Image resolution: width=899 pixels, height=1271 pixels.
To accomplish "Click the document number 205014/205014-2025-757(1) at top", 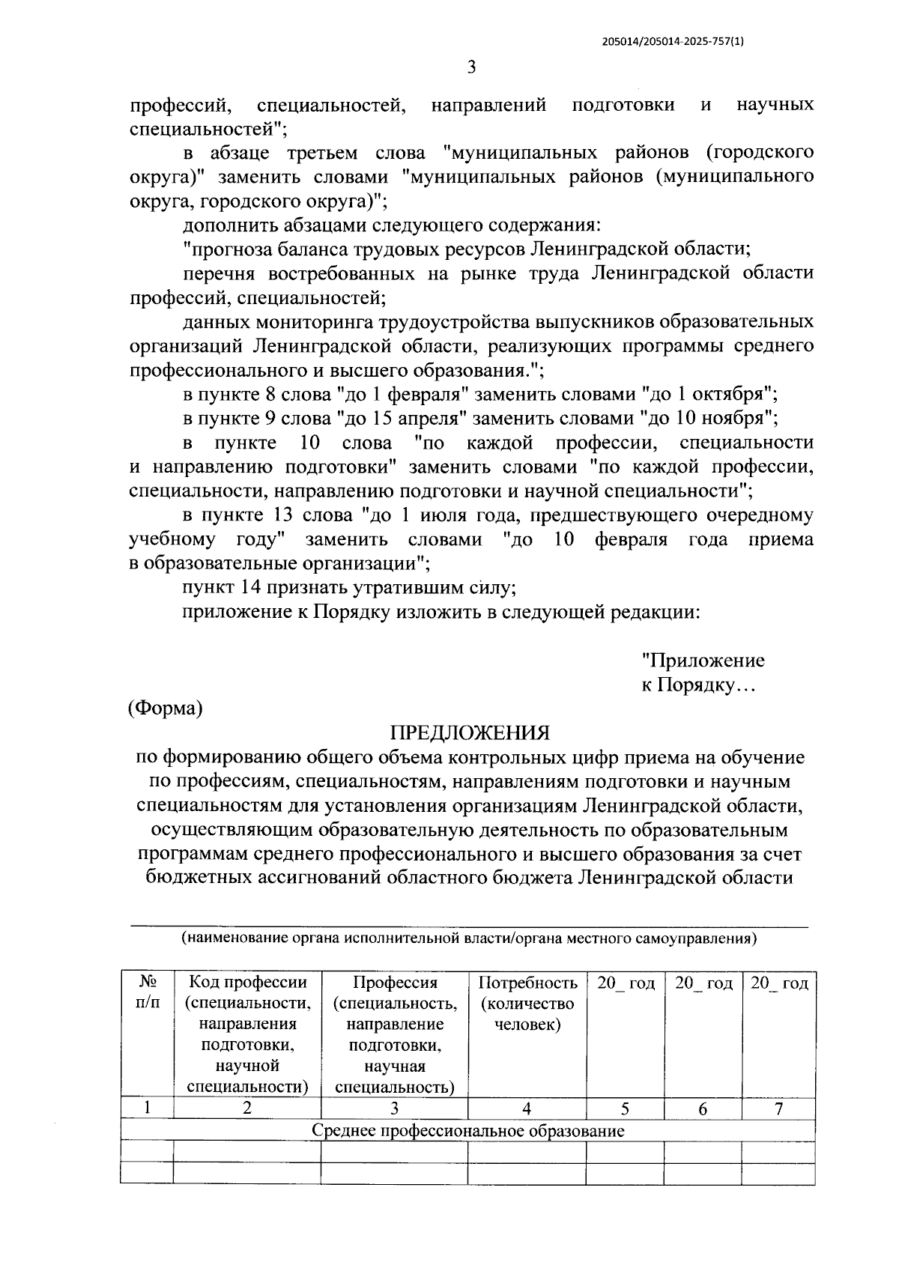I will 674,43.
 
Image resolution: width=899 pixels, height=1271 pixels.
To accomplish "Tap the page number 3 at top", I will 471,67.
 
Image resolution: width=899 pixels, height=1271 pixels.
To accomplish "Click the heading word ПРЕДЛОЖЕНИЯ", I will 471,732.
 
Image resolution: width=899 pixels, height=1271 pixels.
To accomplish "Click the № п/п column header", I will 148,993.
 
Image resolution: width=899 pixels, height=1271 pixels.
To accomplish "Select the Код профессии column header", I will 246,1034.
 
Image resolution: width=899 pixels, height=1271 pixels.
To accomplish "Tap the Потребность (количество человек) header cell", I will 527,1004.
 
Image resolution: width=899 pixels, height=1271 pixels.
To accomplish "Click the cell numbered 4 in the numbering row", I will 527,1109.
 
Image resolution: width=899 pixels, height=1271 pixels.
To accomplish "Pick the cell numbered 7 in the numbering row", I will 778,1109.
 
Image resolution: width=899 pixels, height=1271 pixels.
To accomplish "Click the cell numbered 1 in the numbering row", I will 148,1109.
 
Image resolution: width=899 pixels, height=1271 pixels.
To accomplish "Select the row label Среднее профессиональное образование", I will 467,1131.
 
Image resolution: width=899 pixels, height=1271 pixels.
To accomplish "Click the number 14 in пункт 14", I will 253,588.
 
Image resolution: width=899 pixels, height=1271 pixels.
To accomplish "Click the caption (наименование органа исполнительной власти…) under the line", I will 469,938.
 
